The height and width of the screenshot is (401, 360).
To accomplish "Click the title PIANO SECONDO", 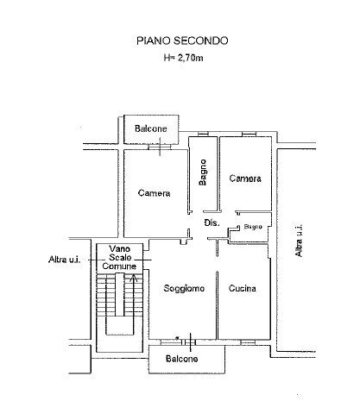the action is click(182, 41).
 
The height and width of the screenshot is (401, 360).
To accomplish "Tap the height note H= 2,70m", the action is click(183, 58).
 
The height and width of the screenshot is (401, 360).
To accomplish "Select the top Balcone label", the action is click(151, 128).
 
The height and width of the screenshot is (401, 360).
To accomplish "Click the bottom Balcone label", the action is click(182, 359).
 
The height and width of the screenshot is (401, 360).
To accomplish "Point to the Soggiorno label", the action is click(184, 288).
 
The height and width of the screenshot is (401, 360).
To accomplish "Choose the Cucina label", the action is click(243, 288).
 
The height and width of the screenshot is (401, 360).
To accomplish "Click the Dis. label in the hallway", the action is click(212, 222).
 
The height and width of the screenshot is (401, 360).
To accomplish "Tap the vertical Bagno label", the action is click(203, 172).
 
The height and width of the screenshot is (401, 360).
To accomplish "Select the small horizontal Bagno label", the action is click(253, 227).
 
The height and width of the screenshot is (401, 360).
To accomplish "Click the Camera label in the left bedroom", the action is click(154, 193).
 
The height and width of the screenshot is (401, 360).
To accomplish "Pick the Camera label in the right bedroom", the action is click(245, 179).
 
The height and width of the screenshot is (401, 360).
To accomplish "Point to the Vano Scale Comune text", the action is click(119, 258).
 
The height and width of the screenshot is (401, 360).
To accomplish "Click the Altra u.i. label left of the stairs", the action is click(64, 260).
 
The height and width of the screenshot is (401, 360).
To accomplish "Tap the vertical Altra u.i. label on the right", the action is click(299, 241).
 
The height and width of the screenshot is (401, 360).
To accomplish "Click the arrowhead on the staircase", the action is click(134, 278).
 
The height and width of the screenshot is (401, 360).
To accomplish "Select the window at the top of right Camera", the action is click(249, 134).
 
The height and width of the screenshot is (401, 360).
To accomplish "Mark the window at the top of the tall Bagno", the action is click(203, 134).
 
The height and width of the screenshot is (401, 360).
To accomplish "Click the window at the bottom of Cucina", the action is click(248, 342).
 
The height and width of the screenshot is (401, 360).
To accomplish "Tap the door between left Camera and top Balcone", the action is click(160, 147).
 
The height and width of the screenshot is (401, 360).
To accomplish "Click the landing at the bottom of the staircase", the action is click(119, 326).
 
